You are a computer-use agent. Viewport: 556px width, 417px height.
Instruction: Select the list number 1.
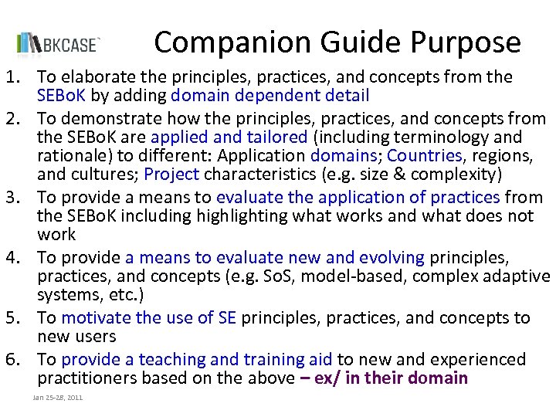tap(11, 76)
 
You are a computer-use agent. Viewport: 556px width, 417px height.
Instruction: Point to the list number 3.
tap(11, 197)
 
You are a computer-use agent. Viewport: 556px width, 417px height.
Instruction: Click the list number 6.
tap(11, 359)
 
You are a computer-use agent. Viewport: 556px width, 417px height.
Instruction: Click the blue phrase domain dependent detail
tap(270, 96)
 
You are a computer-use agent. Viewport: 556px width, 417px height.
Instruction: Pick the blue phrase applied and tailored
tap(229, 137)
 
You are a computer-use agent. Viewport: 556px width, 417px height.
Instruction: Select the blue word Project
tap(171, 174)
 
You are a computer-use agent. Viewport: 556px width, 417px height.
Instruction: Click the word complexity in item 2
tap(459, 174)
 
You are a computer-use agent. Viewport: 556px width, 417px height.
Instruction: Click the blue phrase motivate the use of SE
tap(149, 317)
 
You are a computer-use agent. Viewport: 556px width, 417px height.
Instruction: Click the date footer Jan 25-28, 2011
tap(58, 397)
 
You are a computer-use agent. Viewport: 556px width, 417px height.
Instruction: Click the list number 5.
tap(11, 317)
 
